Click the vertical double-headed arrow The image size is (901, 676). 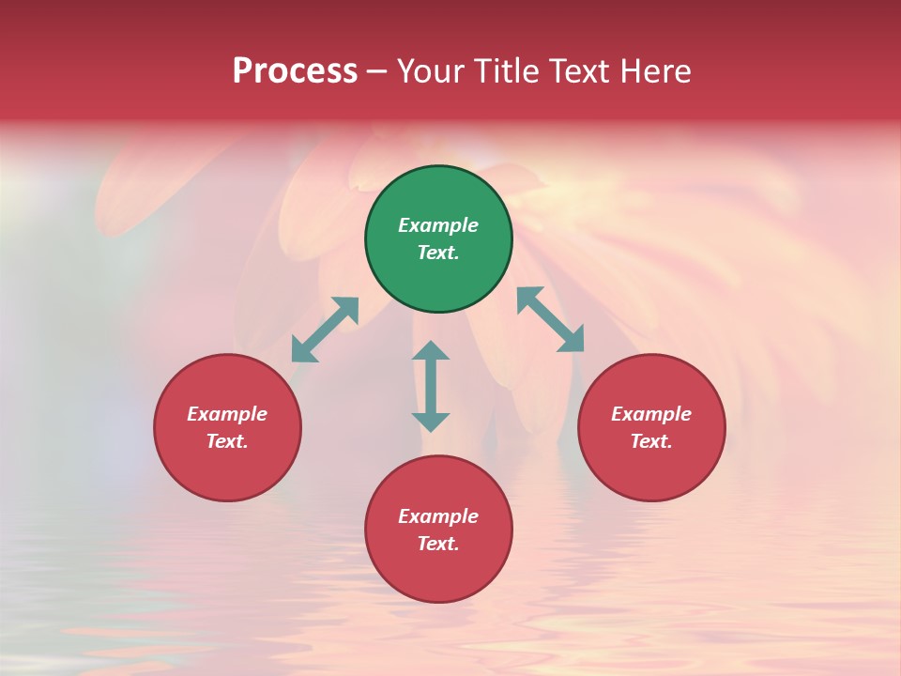click(x=431, y=386)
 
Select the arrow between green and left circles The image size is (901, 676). click(x=326, y=330)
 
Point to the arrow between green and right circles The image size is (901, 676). click(x=551, y=319)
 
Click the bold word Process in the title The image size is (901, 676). click(x=295, y=71)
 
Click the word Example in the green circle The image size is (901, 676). click(x=438, y=225)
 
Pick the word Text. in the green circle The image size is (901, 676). click(x=438, y=253)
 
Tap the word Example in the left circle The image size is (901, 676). click(x=227, y=414)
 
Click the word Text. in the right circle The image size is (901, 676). click(x=651, y=441)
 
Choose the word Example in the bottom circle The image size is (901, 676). click(x=438, y=516)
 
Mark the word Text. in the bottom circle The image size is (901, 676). click(x=438, y=544)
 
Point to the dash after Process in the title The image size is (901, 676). click(x=377, y=71)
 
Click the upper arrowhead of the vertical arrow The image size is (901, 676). click(x=431, y=351)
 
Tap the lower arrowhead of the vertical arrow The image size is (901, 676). click(x=431, y=422)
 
